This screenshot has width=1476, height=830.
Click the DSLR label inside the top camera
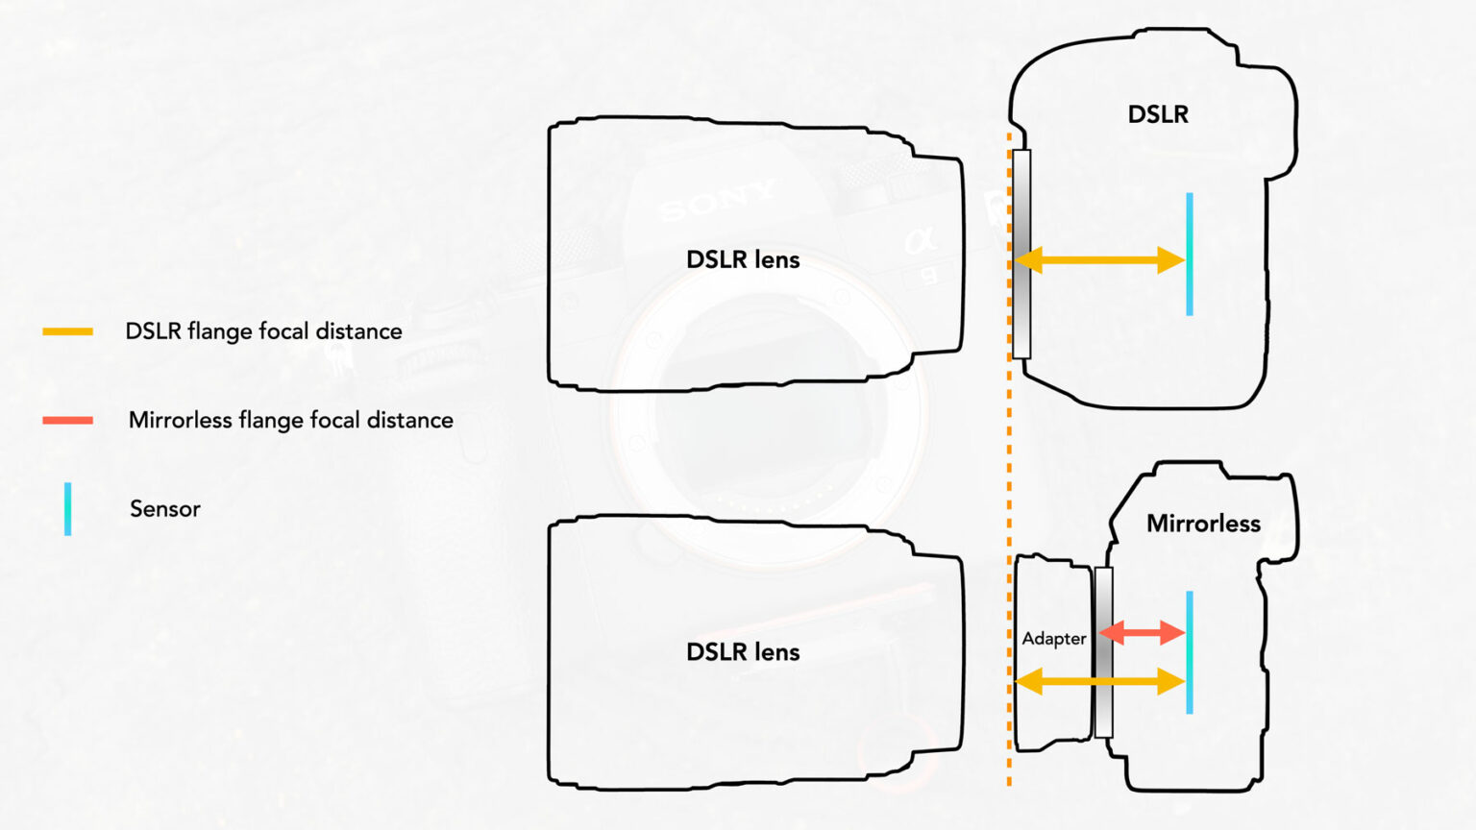[x=1158, y=114]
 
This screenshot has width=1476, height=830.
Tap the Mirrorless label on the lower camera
[x=1203, y=524]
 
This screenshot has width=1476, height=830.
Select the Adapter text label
[x=1053, y=639]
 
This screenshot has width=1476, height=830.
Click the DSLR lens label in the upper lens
[x=743, y=259]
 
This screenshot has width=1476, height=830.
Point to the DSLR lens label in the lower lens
[x=743, y=651]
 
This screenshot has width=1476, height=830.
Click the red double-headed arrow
[x=1142, y=632]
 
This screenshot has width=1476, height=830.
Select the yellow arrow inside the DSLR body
[x=1100, y=259]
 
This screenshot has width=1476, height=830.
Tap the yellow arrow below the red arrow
[x=1100, y=682]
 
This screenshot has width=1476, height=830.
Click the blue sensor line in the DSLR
[x=1190, y=254]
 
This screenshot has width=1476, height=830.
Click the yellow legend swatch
[x=67, y=331]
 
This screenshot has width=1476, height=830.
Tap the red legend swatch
[x=67, y=420]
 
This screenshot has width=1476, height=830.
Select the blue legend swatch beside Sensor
[x=67, y=508]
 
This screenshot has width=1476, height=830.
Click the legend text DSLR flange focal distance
[x=264, y=331]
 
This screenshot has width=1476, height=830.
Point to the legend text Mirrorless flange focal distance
[x=290, y=420]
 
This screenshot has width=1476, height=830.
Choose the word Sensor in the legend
[x=165, y=508]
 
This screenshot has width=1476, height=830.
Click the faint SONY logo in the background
[x=716, y=200]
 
